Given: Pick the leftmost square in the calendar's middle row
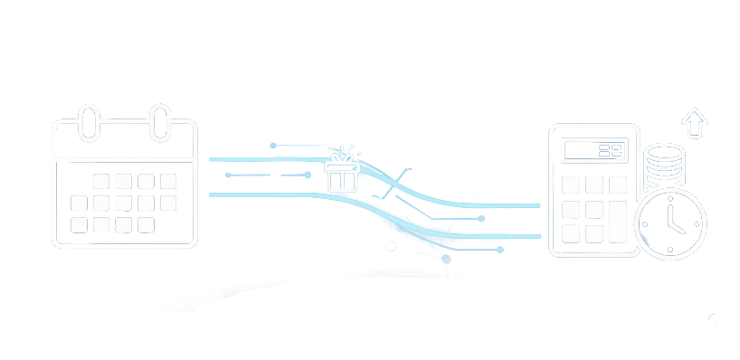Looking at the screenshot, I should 80,203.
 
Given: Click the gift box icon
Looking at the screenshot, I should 342,174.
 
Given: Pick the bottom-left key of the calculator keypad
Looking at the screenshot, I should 571,233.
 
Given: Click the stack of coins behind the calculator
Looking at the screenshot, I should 664,167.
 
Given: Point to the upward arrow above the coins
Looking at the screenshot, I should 694,122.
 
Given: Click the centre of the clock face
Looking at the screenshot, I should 670,223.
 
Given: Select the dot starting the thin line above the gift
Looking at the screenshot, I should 273,145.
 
